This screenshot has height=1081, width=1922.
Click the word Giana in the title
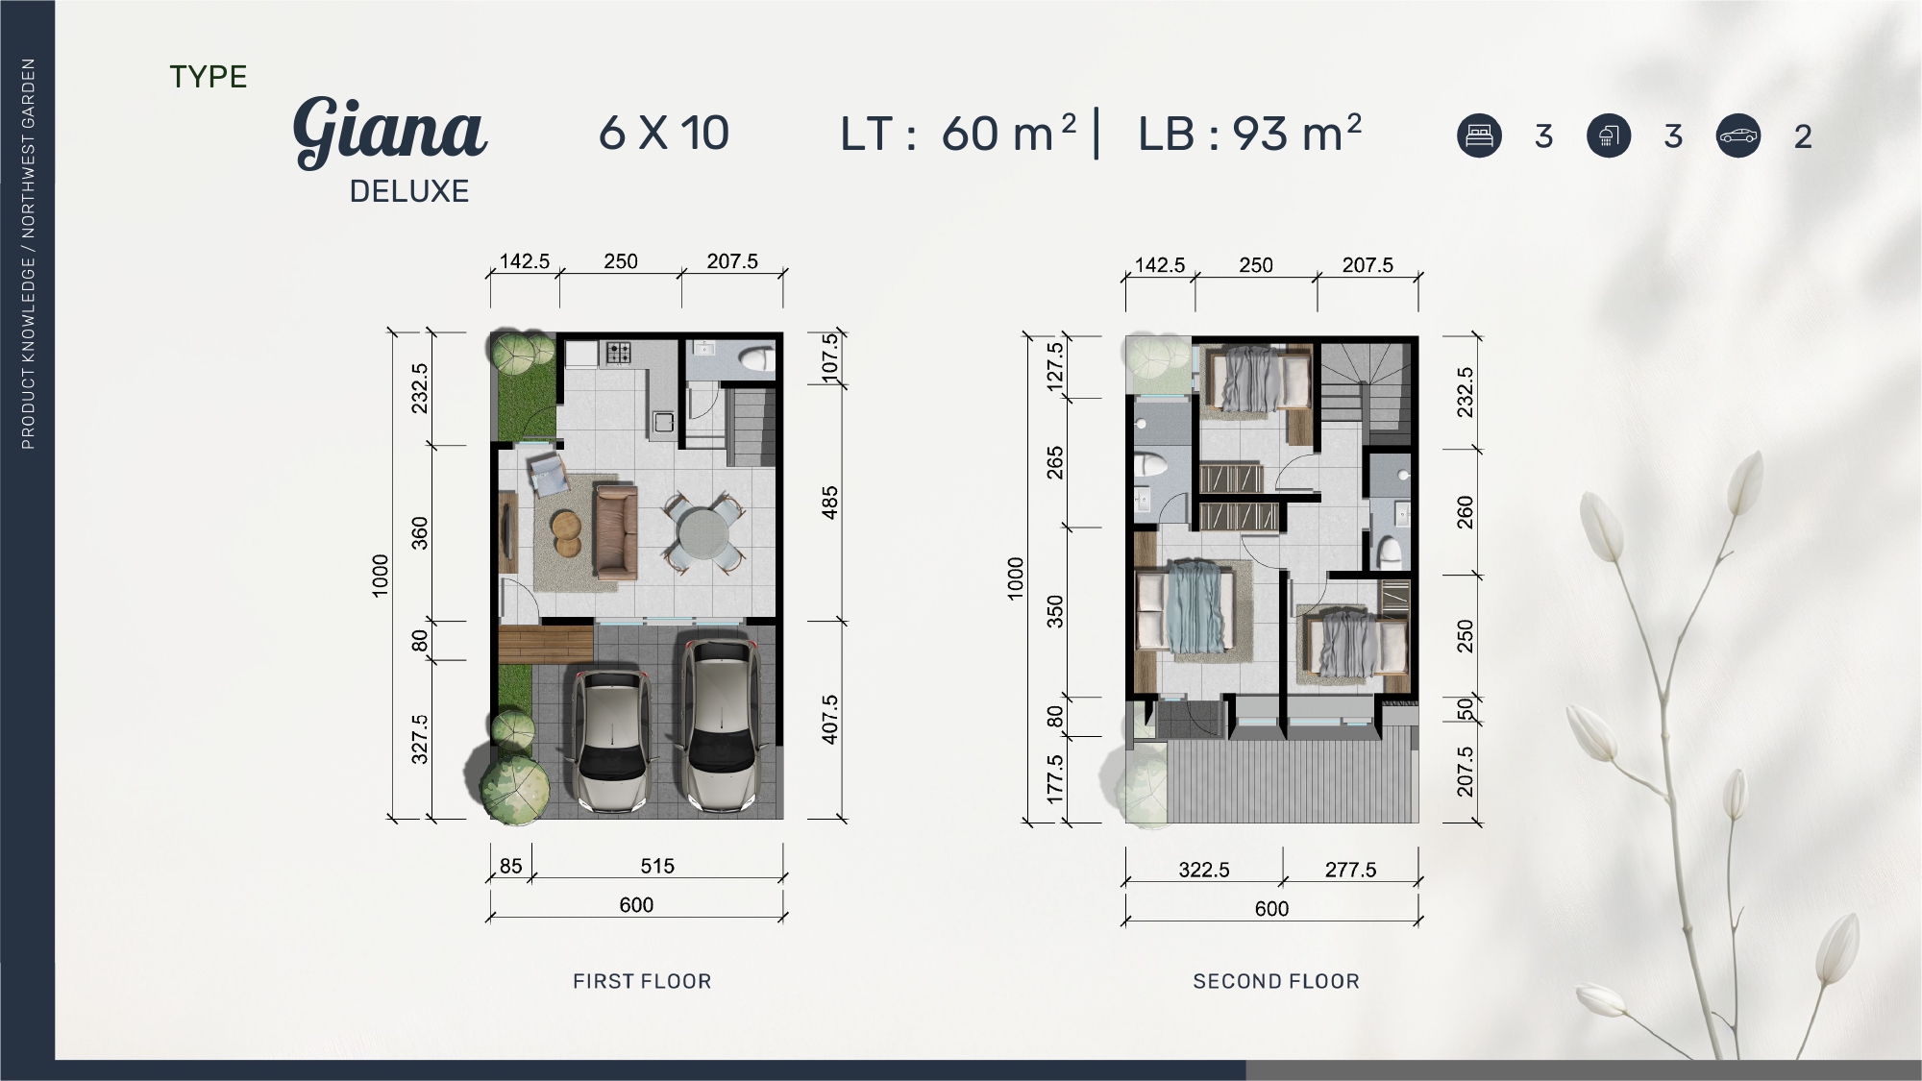390,131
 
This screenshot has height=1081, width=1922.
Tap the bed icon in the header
1479,135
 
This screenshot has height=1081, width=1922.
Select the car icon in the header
1738,135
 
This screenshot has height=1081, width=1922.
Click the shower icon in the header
1609,135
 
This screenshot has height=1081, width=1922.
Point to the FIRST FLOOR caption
642,981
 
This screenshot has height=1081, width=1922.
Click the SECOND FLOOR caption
1276,981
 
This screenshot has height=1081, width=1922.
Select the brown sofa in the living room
616,531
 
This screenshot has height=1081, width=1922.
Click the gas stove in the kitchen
616,353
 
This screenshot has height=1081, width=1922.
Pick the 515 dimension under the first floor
657,866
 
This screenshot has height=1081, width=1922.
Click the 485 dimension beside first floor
830,503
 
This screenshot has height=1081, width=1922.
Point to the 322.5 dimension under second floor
1204,870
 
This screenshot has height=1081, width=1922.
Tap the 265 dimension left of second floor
1055,463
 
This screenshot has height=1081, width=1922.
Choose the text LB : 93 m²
1250,133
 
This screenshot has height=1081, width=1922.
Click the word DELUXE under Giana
409,191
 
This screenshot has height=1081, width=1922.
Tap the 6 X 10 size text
664,133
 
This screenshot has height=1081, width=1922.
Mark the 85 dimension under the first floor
511,866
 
